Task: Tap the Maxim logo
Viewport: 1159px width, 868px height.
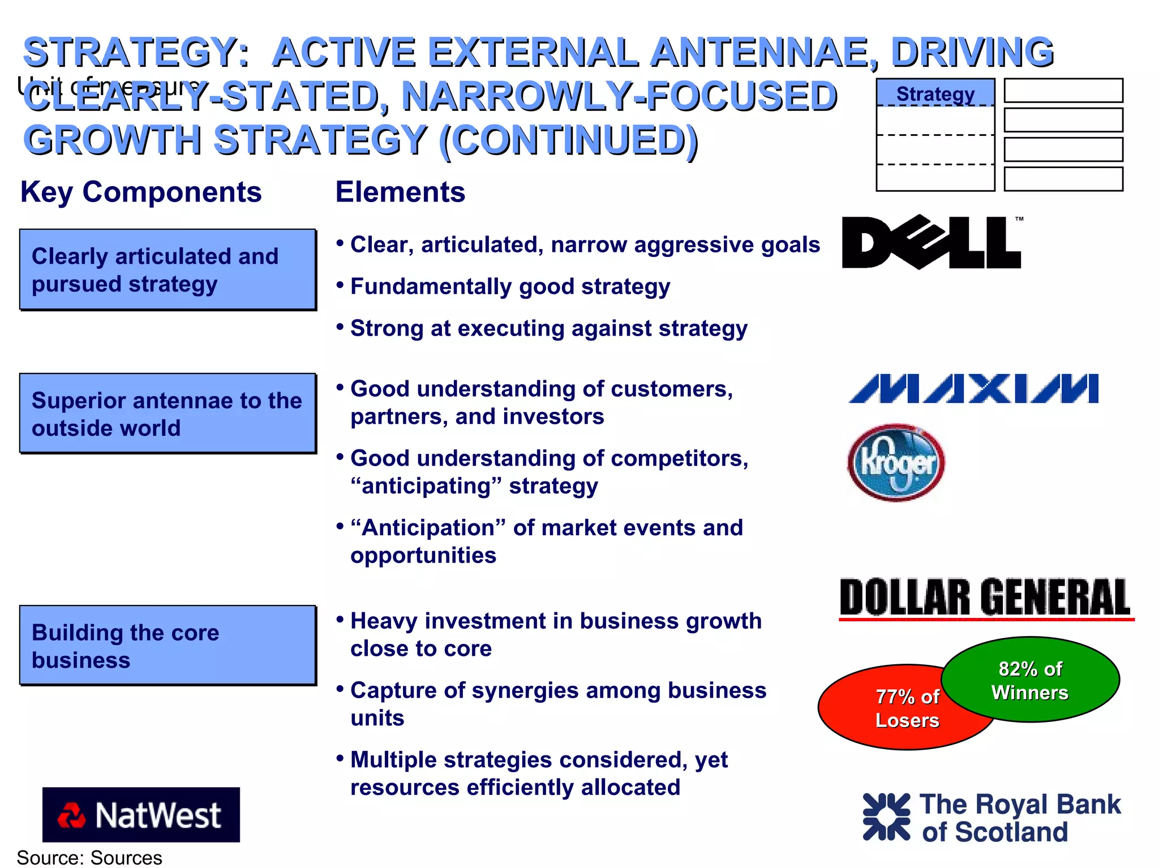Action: [973, 389]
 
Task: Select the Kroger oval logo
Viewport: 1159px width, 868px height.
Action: [896, 462]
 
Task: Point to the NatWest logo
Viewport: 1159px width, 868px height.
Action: [141, 814]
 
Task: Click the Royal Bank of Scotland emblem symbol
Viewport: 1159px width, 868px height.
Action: [886, 817]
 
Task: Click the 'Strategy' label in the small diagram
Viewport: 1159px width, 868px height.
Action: [935, 93]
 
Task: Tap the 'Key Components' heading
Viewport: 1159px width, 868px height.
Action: [141, 192]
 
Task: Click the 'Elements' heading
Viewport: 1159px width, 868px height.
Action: [400, 192]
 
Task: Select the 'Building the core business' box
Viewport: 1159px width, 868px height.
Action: [168, 646]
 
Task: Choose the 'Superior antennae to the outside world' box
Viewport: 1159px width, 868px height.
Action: [168, 414]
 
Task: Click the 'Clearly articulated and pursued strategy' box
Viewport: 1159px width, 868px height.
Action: [168, 270]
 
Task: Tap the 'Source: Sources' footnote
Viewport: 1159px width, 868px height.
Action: [89, 858]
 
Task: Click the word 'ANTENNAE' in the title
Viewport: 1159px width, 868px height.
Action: [758, 52]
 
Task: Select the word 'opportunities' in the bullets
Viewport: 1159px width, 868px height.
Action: [423, 556]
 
